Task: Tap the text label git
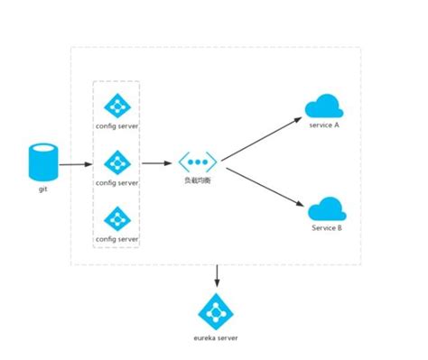[42, 189]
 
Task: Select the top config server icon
[116, 106]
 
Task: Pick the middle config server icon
[116, 163]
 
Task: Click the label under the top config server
[116, 125]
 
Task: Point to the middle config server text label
[116, 182]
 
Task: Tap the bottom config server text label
[116, 239]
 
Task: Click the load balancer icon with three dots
[196, 163]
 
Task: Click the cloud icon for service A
[323, 107]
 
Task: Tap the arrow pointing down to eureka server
[216, 275]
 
